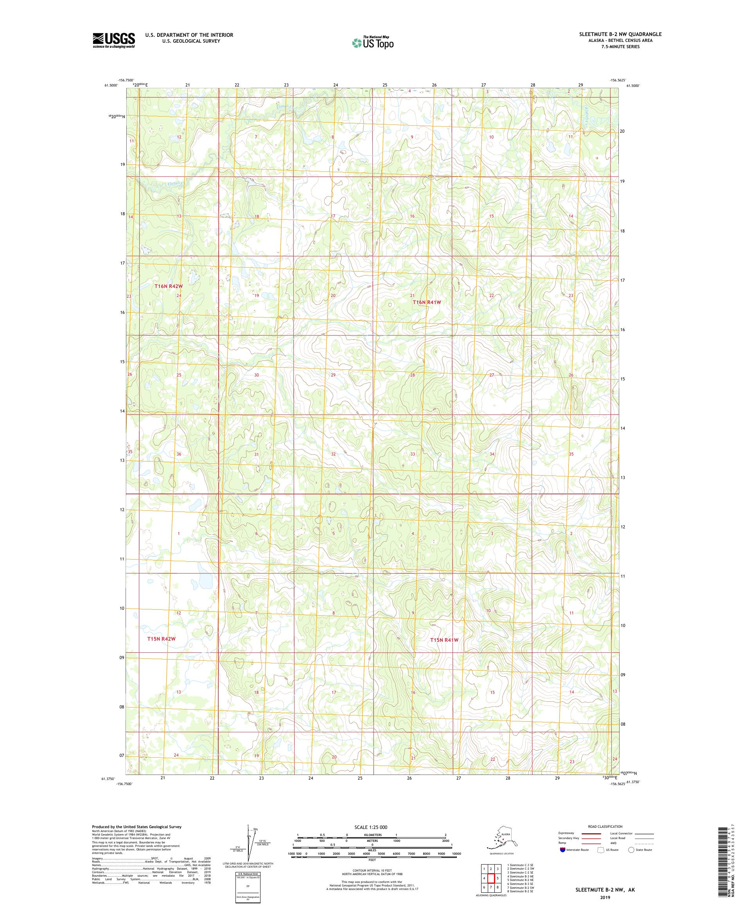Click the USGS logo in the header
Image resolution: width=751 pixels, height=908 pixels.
pyautogui.click(x=113, y=40)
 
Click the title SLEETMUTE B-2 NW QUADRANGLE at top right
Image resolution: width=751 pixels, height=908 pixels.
pyautogui.click(x=620, y=34)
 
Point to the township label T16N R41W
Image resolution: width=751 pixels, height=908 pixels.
pyautogui.click(x=426, y=302)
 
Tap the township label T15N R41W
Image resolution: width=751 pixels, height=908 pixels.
pyautogui.click(x=444, y=640)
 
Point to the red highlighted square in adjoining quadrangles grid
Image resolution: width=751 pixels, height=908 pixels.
pyautogui.click(x=491, y=878)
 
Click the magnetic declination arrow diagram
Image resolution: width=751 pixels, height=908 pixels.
pyautogui.click(x=248, y=843)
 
